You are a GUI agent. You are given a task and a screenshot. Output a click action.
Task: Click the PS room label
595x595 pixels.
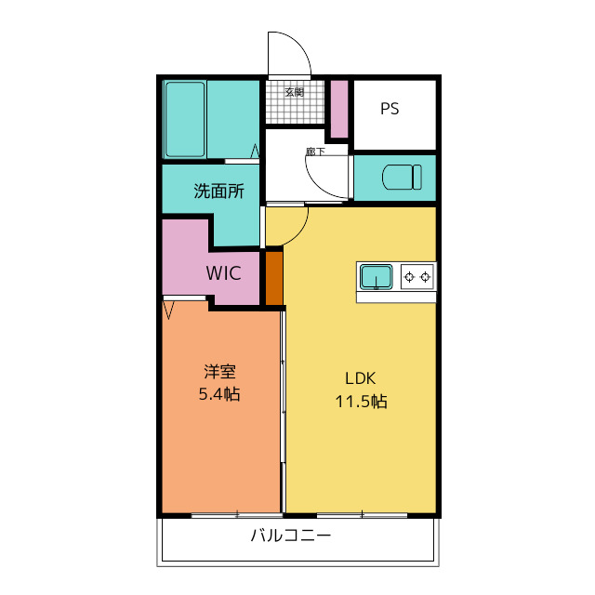390,109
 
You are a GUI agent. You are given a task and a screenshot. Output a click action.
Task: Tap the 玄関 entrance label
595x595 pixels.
294,91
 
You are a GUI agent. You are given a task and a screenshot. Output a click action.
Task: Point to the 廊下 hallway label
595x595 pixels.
315,151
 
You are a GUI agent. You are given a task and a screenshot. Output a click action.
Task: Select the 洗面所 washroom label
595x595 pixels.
218,192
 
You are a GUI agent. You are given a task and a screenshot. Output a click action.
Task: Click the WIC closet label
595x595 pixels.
224,273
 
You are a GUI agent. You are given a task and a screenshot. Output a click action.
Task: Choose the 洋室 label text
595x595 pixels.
219,371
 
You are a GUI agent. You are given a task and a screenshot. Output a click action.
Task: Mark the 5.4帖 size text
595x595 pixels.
219,394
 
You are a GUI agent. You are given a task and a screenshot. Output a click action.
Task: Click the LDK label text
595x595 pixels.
361,378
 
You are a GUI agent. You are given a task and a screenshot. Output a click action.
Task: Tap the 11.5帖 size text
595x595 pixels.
361,402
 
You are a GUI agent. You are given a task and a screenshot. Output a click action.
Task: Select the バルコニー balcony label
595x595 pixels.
290,535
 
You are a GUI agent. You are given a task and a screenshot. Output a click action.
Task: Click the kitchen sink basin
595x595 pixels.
377,277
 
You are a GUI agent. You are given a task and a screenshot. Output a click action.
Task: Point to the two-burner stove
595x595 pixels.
417,276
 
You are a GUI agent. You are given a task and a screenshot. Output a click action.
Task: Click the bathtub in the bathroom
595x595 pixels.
184,120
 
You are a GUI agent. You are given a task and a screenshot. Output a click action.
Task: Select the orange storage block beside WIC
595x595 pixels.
273,277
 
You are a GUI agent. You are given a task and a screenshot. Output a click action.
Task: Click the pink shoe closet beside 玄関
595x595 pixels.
339,109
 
